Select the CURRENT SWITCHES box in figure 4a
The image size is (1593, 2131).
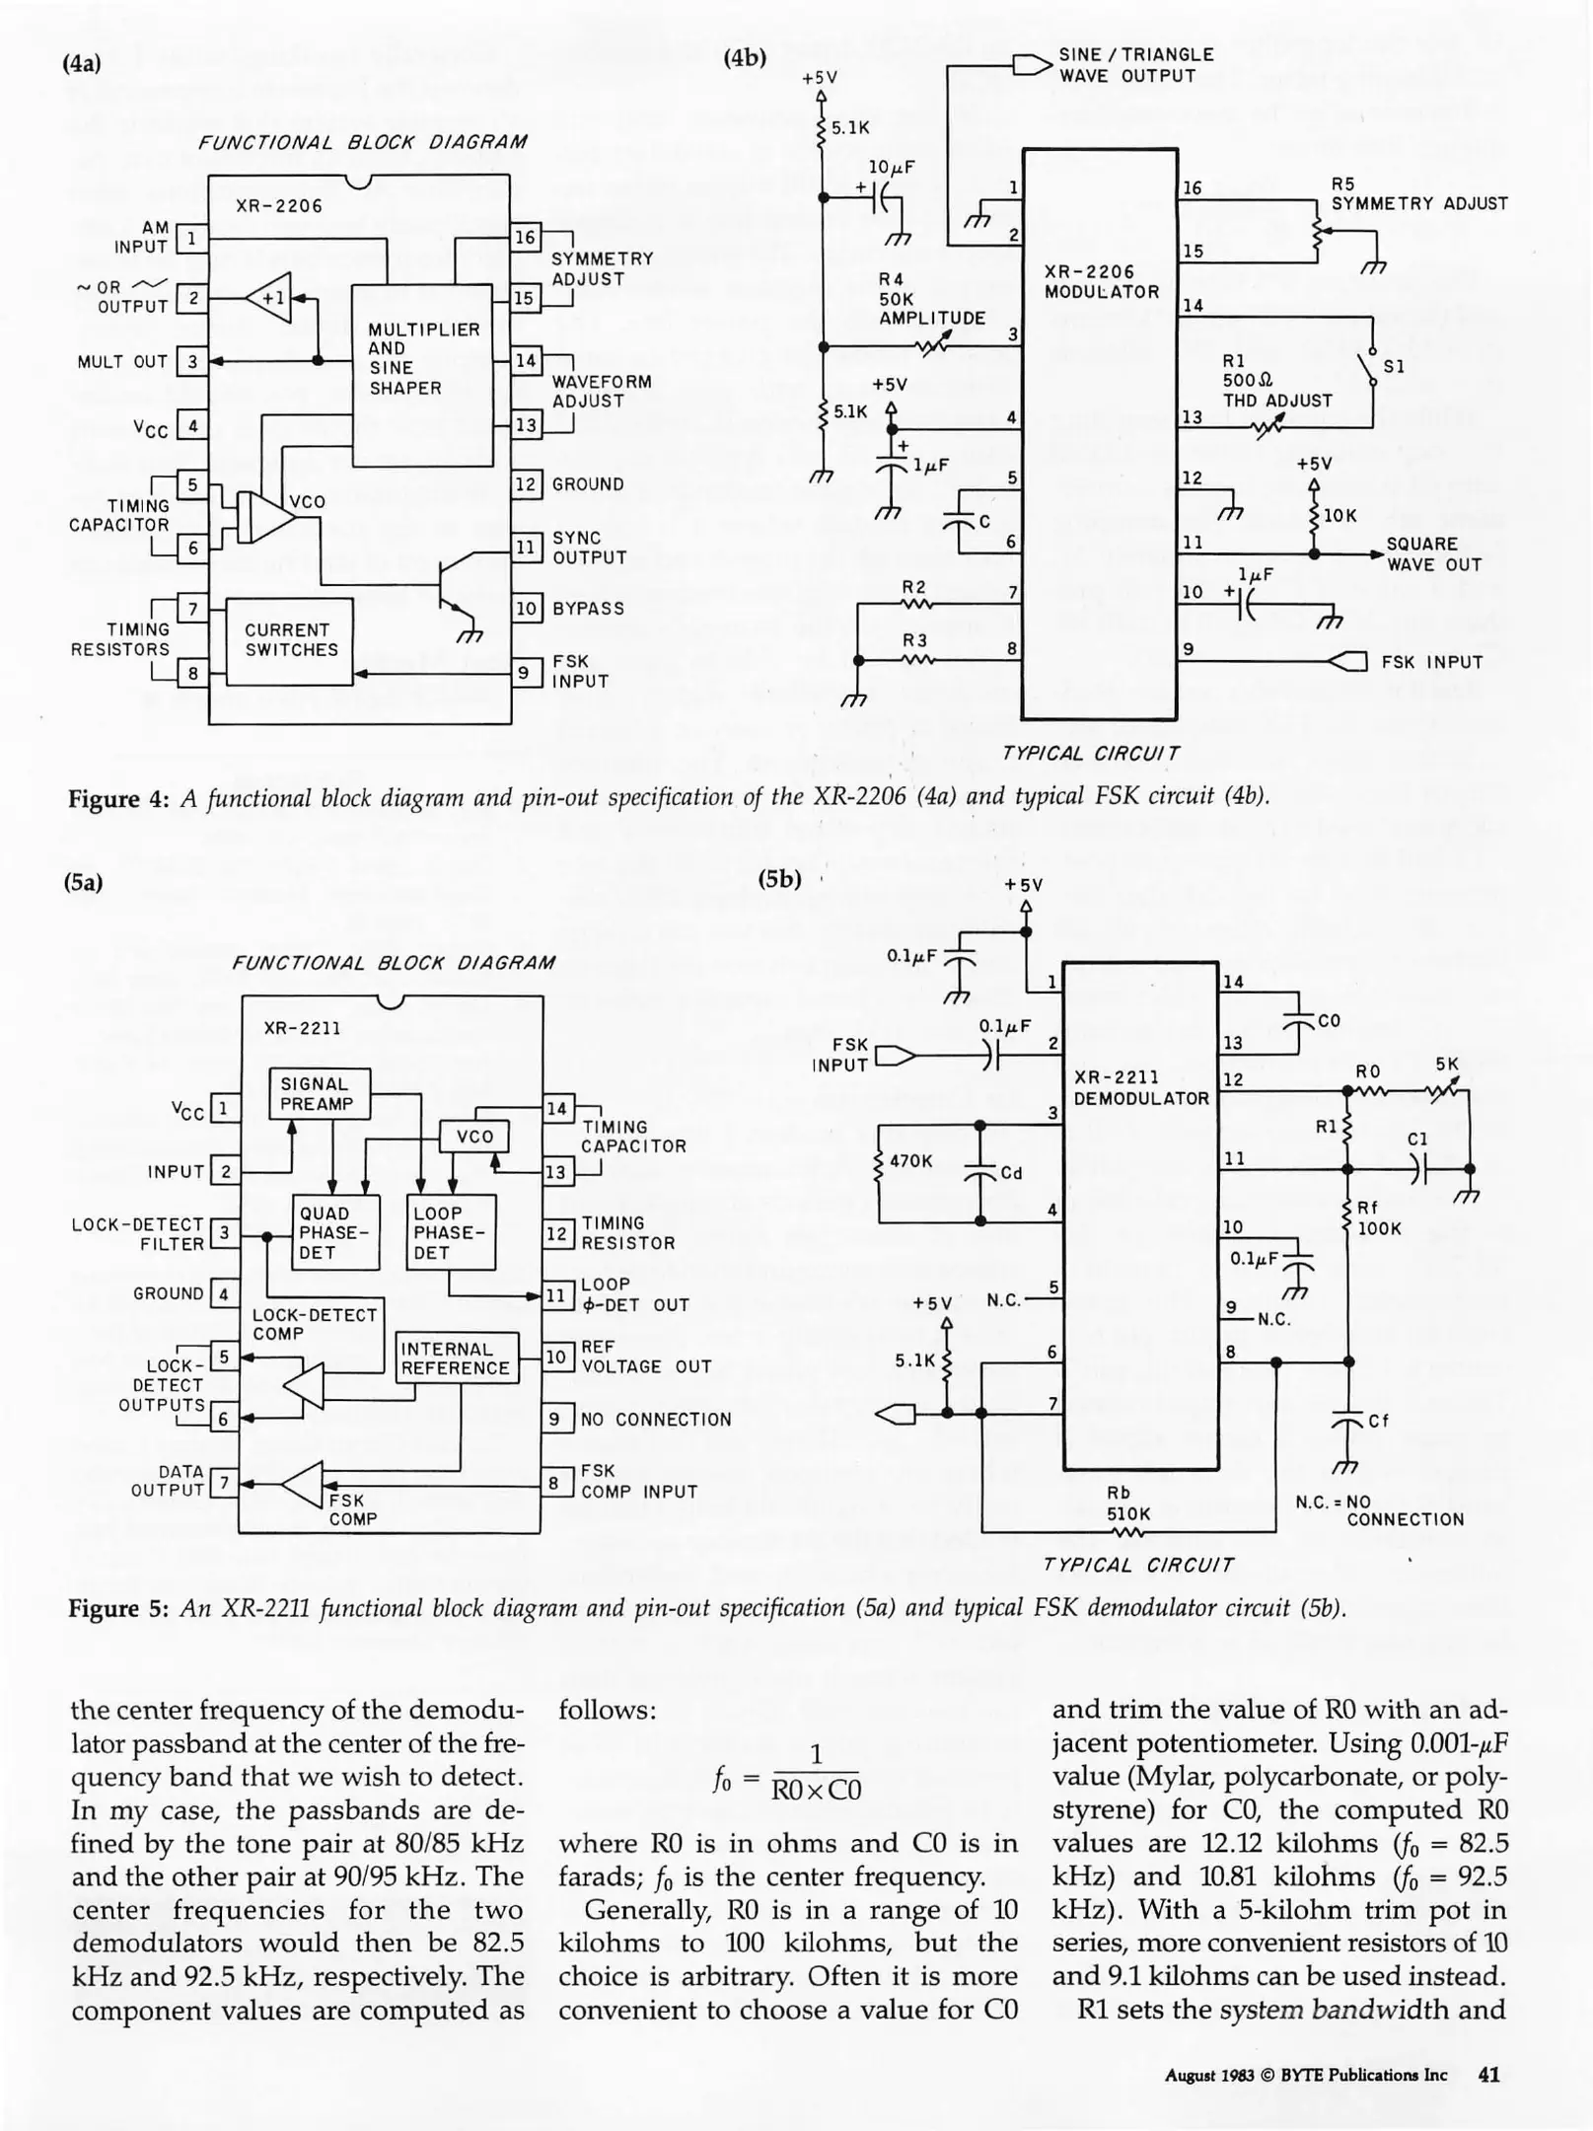[290, 640]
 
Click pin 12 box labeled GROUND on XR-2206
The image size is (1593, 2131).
[526, 484]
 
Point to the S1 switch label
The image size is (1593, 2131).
[1393, 367]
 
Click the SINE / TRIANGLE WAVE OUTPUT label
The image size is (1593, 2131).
[1134, 66]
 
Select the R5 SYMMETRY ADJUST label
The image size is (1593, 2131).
[1417, 194]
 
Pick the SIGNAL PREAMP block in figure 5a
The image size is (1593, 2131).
[320, 1094]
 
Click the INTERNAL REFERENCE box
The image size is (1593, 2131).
[456, 1359]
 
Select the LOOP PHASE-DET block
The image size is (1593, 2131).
[450, 1232]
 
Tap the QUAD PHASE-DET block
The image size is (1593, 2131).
[335, 1232]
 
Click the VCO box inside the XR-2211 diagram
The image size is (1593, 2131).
[474, 1137]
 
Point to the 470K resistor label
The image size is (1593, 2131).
[909, 1161]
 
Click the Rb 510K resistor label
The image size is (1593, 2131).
[1127, 1504]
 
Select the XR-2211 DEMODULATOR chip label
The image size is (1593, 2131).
[1140, 1088]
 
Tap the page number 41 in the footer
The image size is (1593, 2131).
[1488, 2074]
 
